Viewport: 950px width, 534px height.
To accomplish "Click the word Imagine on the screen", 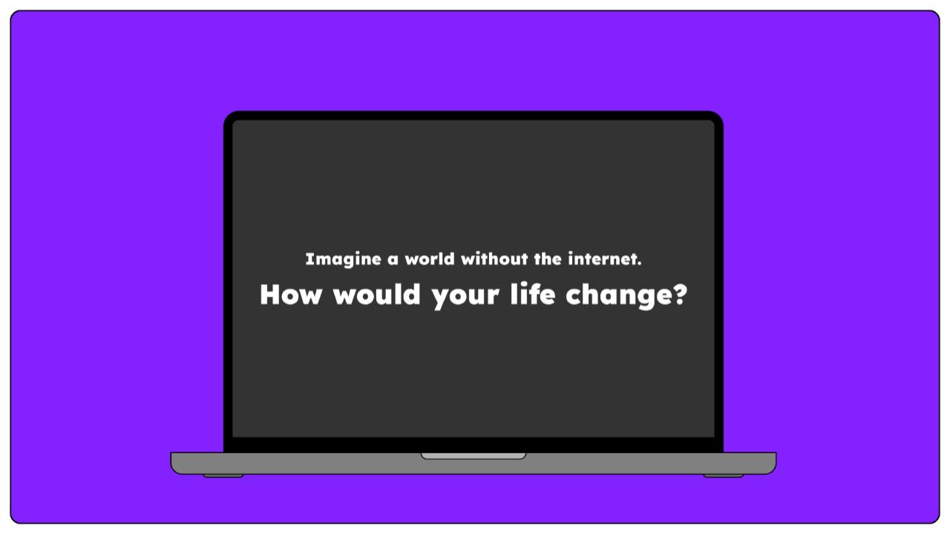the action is tap(343, 260).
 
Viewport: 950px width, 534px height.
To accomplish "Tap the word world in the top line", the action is tap(430, 259).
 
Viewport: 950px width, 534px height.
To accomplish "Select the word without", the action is tap(494, 259).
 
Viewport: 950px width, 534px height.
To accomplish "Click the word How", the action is tap(291, 294).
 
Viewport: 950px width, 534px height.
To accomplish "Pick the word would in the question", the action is tap(376, 294).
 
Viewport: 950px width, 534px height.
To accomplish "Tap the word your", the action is tap(465, 297).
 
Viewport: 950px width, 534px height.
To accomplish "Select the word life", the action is tap(533, 293).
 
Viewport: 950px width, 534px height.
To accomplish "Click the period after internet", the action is tap(639, 264).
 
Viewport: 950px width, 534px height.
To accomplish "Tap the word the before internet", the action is tap(548, 259).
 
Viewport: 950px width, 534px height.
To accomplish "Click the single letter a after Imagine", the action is tap(393, 260).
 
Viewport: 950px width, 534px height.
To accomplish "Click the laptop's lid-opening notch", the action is tap(474, 456).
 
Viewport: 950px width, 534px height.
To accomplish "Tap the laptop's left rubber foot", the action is tap(223, 476).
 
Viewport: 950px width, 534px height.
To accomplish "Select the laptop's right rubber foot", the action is tap(723, 476).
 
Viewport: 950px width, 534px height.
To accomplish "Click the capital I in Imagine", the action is tap(308, 259).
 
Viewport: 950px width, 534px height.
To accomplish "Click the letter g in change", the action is tap(635, 298).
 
